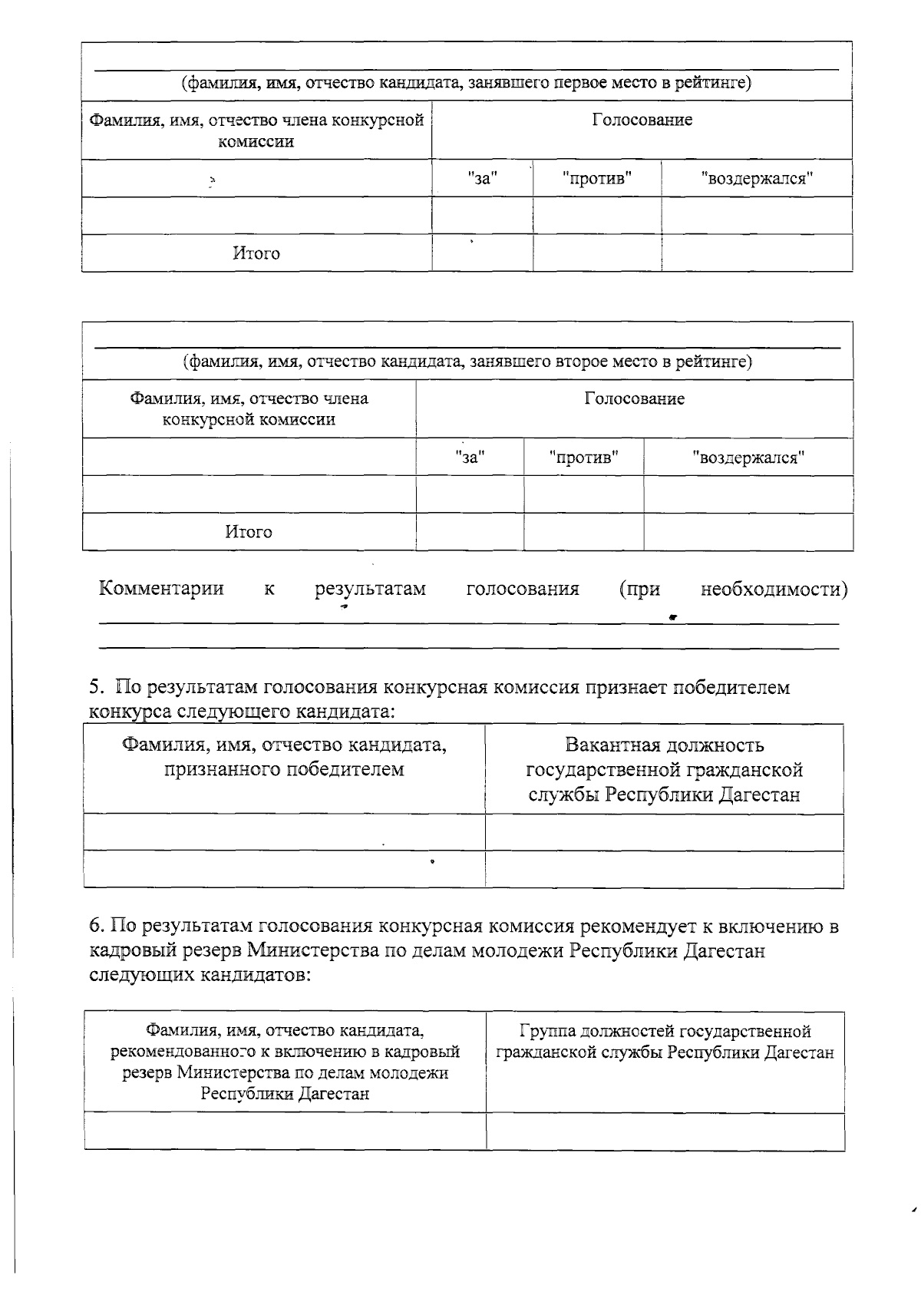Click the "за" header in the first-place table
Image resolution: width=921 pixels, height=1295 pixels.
pyautogui.click(x=483, y=179)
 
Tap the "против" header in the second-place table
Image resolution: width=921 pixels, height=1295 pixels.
pyautogui.click(x=584, y=458)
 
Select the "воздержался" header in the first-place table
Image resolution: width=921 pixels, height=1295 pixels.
pyautogui.click(x=757, y=179)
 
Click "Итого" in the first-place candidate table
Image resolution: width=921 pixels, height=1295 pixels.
pyautogui.click(x=256, y=253)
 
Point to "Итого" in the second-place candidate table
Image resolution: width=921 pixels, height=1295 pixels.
pyautogui.click(x=249, y=532)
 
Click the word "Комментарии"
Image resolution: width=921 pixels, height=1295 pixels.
pyautogui.click(x=161, y=589)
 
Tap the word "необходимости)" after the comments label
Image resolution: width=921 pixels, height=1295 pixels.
pyautogui.click(x=774, y=589)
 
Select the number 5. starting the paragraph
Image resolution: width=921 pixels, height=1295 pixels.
pyautogui.click(x=96, y=687)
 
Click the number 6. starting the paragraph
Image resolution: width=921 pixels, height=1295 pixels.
pyautogui.click(x=96, y=927)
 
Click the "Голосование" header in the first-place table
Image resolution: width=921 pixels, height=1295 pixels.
pyautogui.click(x=642, y=120)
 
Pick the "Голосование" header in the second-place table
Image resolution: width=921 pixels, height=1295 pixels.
pyautogui.click(x=634, y=398)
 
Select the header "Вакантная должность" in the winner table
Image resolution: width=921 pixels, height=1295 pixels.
pyautogui.click(x=664, y=745)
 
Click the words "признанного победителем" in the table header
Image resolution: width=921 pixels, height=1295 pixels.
pyautogui.click(x=284, y=769)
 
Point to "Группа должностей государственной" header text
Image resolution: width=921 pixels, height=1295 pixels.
pyautogui.click(x=665, y=1031)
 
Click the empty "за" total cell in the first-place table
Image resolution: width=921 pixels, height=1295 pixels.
pyautogui.click(x=482, y=253)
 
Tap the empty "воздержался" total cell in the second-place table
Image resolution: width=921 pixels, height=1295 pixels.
pyautogui.click(x=748, y=532)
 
